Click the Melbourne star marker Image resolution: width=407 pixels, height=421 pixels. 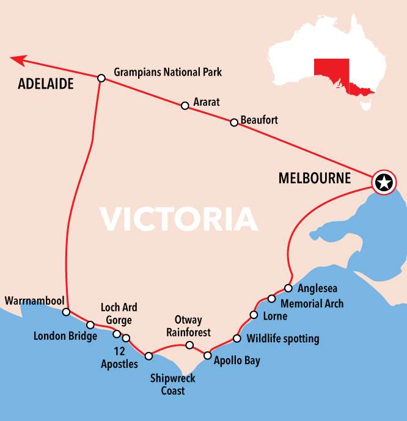pyautogui.click(x=384, y=182)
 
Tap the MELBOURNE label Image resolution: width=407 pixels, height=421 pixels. pyautogui.click(x=315, y=178)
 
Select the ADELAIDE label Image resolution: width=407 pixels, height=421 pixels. pyautogui.click(x=45, y=84)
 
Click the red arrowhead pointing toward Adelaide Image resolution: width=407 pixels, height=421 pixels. pyautogui.click(x=18, y=59)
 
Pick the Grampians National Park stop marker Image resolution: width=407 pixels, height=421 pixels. pyautogui.click(x=101, y=78)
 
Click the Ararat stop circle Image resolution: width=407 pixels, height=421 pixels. pyautogui.click(x=185, y=106)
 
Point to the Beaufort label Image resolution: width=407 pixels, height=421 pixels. pyautogui.click(x=259, y=120)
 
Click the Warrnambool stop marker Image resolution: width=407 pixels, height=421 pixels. pyautogui.click(x=67, y=312)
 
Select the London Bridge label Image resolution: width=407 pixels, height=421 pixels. pyautogui.click(x=65, y=336)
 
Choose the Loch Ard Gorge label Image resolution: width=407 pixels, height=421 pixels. pyautogui.click(x=119, y=313)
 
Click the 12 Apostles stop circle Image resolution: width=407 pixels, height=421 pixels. pyautogui.click(x=127, y=338)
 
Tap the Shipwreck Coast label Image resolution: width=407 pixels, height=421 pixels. pyautogui.click(x=173, y=384)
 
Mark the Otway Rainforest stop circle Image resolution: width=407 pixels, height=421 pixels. pyautogui.click(x=189, y=346)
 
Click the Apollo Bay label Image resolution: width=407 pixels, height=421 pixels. pyautogui.click(x=237, y=361)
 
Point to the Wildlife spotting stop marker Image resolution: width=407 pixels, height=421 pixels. pyautogui.click(x=237, y=339)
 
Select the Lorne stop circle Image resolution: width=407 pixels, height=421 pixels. pyautogui.click(x=254, y=315)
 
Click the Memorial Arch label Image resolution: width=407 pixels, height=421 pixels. pyautogui.click(x=312, y=303)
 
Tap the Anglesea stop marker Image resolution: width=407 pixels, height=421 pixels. pyautogui.click(x=288, y=288)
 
